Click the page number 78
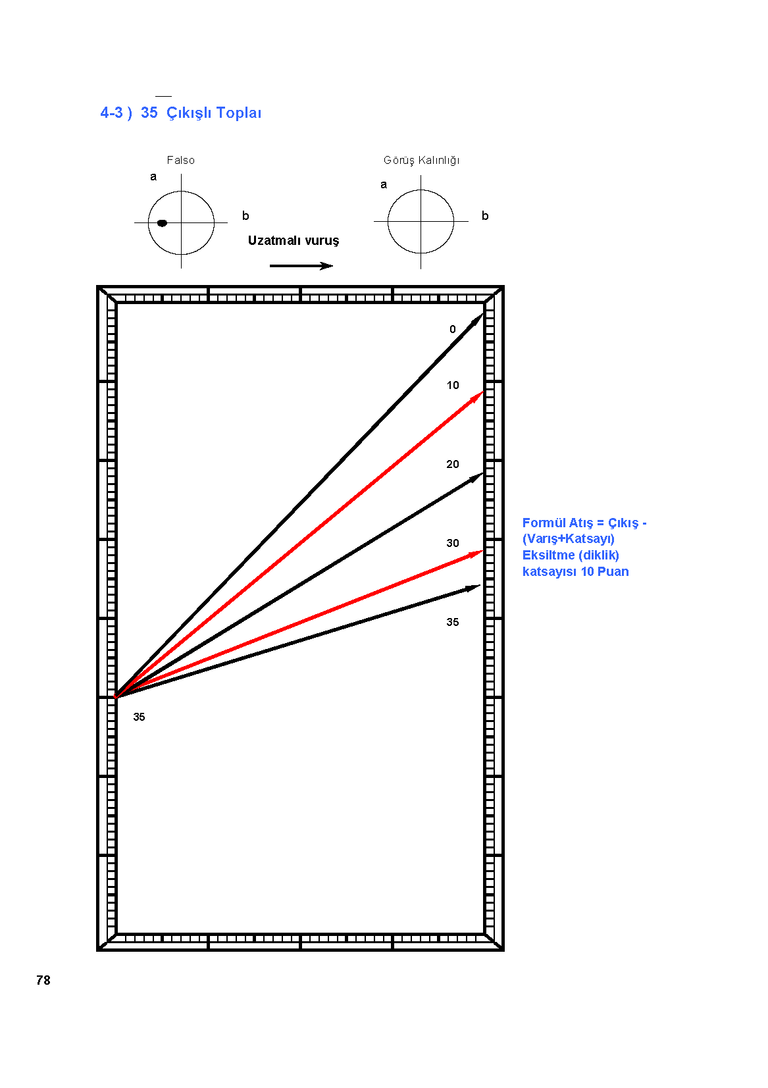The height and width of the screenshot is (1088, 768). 43,980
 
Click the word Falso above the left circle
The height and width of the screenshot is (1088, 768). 181,161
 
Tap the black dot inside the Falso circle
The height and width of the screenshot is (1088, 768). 163,223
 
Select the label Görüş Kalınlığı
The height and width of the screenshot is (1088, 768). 422,161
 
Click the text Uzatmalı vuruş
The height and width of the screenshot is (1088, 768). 294,241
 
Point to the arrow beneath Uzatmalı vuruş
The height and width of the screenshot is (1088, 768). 301,266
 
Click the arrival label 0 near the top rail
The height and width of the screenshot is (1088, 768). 453,329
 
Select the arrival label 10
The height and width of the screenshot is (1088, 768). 453,385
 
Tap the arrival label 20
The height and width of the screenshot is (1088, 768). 453,464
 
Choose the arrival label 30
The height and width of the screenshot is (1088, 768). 453,543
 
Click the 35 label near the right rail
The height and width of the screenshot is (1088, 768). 453,622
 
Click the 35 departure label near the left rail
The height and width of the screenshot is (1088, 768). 139,717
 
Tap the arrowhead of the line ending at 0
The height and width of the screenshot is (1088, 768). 477,321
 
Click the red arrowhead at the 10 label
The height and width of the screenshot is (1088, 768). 476,398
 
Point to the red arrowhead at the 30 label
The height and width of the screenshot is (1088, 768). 476,554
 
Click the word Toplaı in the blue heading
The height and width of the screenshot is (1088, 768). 238,113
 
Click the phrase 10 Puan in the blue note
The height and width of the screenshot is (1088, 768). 605,572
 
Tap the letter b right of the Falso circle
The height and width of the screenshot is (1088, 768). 245,216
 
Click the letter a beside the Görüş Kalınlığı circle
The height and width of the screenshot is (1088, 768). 384,184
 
